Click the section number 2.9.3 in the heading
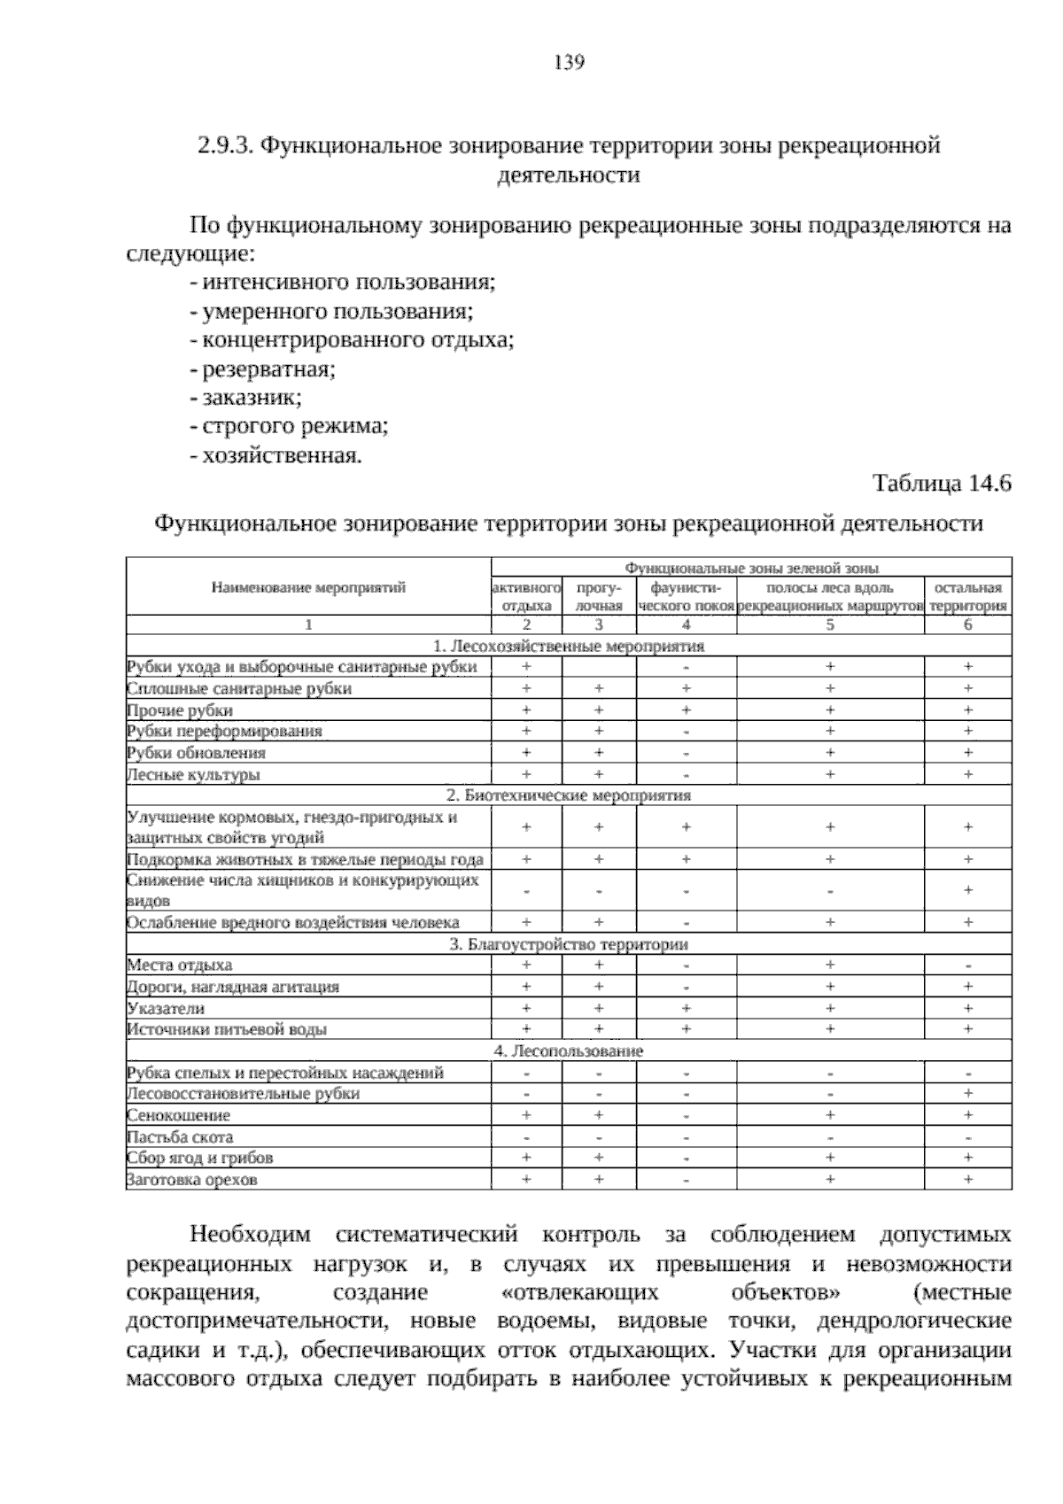tap(225, 145)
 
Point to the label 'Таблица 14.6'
tap(942, 484)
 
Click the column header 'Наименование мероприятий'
tap(308, 587)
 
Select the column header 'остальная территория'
tap(967, 596)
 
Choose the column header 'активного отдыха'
tap(526, 596)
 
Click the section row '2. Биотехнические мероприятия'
tap(569, 795)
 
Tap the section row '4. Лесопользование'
tap(569, 1050)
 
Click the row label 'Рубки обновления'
tap(197, 753)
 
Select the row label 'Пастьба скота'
tap(180, 1136)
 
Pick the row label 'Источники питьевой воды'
tap(227, 1029)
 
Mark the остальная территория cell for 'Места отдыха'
tap(967, 965)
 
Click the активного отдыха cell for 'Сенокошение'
tap(526, 1115)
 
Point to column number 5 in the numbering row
tap(829, 624)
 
